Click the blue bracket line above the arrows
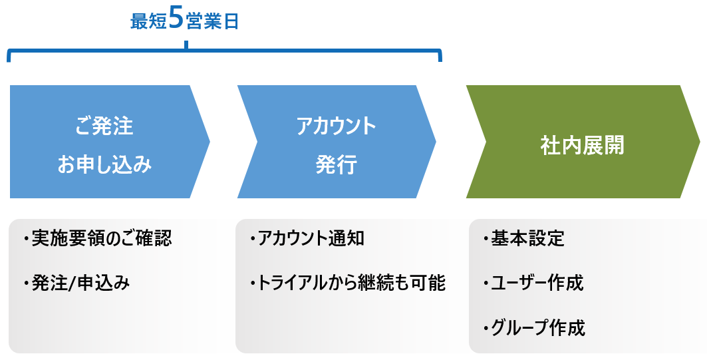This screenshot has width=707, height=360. [224, 51]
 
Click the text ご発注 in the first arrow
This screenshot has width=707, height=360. [104, 126]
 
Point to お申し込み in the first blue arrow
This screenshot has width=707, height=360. [104, 164]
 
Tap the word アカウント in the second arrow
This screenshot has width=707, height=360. [337, 126]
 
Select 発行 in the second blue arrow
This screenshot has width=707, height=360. [337, 164]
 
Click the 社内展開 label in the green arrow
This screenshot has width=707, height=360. [582, 145]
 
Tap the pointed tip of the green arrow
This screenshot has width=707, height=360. [699, 142]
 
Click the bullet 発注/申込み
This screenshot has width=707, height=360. [77, 283]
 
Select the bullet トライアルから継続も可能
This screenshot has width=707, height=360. [348, 283]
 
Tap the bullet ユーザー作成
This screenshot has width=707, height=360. [533, 283]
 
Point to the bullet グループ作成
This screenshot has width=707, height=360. [534, 328]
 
